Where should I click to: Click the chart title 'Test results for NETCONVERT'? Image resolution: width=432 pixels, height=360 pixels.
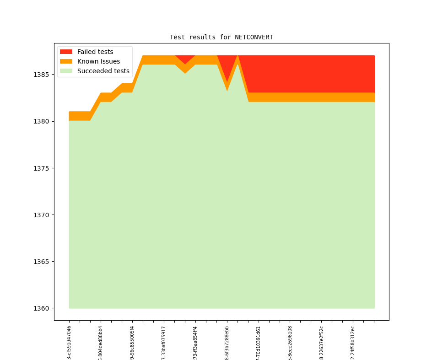point(221,38)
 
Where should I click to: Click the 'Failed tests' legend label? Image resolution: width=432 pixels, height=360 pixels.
point(95,52)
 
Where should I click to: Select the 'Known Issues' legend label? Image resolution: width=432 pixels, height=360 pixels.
point(98,61)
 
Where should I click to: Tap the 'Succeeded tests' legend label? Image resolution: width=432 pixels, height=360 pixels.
point(103,71)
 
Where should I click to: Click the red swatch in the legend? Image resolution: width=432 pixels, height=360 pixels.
point(66,52)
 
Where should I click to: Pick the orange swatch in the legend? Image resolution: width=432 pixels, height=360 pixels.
point(66,61)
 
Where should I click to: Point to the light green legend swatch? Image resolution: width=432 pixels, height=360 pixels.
point(66,71)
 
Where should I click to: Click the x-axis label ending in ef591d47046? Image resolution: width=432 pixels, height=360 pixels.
point(69,343)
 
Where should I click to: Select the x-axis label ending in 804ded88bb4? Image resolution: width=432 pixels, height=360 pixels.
point(101,343)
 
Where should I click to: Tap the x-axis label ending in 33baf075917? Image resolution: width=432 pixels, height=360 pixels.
point(164,343)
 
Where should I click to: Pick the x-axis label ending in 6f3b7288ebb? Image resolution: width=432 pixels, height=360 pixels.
point(227,343)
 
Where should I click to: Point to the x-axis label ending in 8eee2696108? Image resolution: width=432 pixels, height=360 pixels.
point(290,343)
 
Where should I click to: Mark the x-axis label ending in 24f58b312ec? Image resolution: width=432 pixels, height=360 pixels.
point(353,343)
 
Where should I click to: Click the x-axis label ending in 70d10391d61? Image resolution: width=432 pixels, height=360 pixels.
point(259,343)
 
